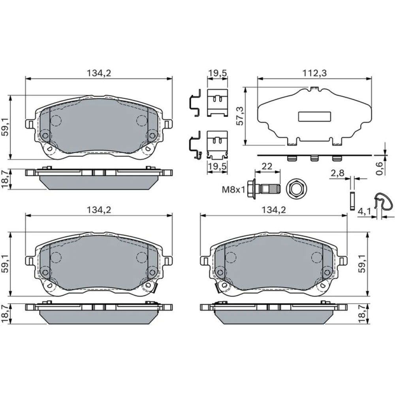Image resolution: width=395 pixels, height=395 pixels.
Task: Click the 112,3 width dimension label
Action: pos(314,73)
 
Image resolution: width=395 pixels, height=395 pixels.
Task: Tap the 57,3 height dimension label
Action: pos(240,116)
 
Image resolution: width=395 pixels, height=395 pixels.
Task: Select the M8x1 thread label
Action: pos(233,190)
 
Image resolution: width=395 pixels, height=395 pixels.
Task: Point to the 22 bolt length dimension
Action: pos(267,166)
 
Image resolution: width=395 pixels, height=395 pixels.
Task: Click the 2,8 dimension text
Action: pos(337,173)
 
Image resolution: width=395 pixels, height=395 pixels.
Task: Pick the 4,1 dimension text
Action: pos(365,211)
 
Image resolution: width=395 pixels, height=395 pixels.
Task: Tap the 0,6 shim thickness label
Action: pos(379,168)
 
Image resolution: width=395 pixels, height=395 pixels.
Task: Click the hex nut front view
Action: pos(296,189)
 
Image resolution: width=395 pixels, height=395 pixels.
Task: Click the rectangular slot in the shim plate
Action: pos(314,117)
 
